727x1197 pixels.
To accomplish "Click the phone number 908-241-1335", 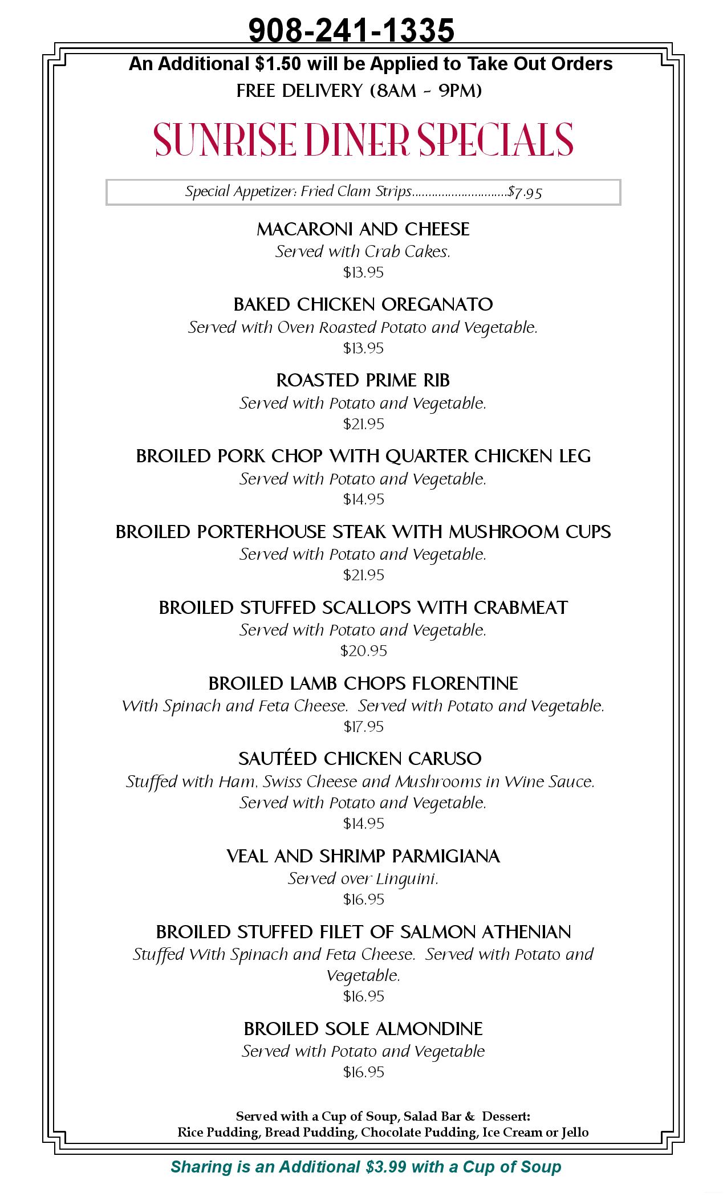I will click(x=351, y=30).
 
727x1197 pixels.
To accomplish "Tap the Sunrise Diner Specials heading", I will click(x=363, y=139).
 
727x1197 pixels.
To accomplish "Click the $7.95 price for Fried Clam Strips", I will click(x=525, y=192).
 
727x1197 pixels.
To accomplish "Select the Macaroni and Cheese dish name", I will click(x=363, y=229).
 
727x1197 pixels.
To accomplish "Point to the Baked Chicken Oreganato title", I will click(x=363, y=304).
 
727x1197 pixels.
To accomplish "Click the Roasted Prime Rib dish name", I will click(x=363, y=380).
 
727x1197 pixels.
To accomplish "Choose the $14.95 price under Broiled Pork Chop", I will click(x=363, y=499).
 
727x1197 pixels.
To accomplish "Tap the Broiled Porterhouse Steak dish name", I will click(x=363, y=532).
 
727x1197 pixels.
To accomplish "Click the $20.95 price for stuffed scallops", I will click(x=363, y=650).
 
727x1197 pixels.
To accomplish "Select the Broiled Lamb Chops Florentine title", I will click(x=363, y=683).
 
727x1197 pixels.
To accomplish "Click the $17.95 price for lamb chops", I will click(x=363, y=726).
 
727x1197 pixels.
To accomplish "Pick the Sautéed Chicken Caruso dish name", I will click(x=360, y=759).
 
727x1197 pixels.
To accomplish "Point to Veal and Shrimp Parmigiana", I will click(x=363, y=856).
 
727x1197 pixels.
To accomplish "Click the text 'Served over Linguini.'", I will click(x=363, y=879).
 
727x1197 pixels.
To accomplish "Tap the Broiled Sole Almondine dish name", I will click(x=363, y=1029).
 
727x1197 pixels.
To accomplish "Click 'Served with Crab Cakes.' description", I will click(x=363, y=251).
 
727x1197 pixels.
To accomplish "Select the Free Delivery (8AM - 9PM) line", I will click(x=359, y=91).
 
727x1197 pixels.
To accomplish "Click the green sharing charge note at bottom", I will click(x=366, y=1167).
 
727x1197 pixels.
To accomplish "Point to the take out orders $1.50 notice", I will click(x=371, y=64).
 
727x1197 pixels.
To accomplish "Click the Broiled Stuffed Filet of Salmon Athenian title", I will click(x=363, y=932).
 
